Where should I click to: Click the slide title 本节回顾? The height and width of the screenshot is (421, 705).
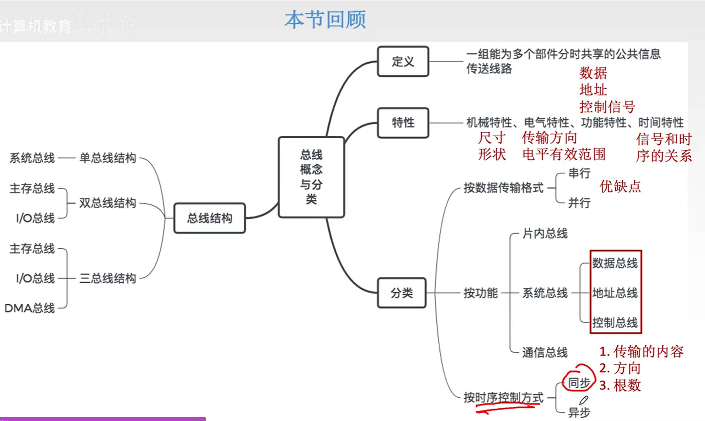[x=325, y=20]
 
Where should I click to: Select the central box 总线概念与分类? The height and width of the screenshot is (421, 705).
[x=311, y=177]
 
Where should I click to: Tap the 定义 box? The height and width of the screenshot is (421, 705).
[x=403, y=61]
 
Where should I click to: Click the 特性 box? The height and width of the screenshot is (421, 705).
[x=403, y=123]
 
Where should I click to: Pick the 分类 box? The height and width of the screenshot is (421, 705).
[x=401, y=293]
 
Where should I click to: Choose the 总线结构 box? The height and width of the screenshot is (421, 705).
[x=209, y=218]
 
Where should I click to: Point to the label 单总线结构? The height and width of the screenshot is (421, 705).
[x=107, y=158]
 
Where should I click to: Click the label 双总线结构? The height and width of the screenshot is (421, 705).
[x=107, y=203]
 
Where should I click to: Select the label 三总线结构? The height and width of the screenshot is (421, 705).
[x=107, y=278]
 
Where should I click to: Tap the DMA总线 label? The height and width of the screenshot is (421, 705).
[x=30, y=308]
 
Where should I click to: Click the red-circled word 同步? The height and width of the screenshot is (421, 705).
[x=579, y=383]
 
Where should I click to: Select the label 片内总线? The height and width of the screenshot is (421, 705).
[x=545, y=234]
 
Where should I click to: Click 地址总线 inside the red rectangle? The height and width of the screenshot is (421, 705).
[x=615, y=293]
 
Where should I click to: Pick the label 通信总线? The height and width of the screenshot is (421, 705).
[x=545, y=352]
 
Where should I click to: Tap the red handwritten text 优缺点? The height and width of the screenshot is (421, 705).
[x=620, y=187]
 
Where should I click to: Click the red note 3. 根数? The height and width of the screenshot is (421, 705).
[x=620, y=385]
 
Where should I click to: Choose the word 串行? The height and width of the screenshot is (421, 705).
[x=579, y=173]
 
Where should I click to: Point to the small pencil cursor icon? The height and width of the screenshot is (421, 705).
[x=583, y=400]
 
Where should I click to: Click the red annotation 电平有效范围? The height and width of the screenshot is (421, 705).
[x=564, y=154]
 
